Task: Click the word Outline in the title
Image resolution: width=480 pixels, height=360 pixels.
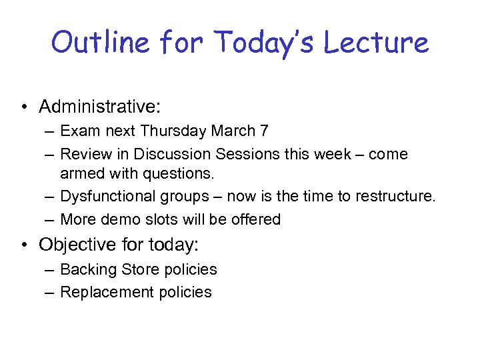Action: pyautogui.click(x=100, y=43)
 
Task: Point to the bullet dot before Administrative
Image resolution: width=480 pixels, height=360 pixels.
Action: pyautogui.click(x=25, y=107)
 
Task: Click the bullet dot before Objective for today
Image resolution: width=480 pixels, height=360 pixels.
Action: pyautogui.click(x=25, y=245)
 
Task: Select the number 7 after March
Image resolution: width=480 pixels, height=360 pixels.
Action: pyautogui.click(x=265, y=131)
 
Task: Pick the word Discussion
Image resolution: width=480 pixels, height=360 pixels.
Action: pyautogui.click(x=172, y=154)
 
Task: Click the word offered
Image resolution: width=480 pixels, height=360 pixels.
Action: pyautogui.click(x=257, y=219)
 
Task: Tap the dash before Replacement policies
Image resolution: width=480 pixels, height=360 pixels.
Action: pyautogui.click(x=50, y=293)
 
